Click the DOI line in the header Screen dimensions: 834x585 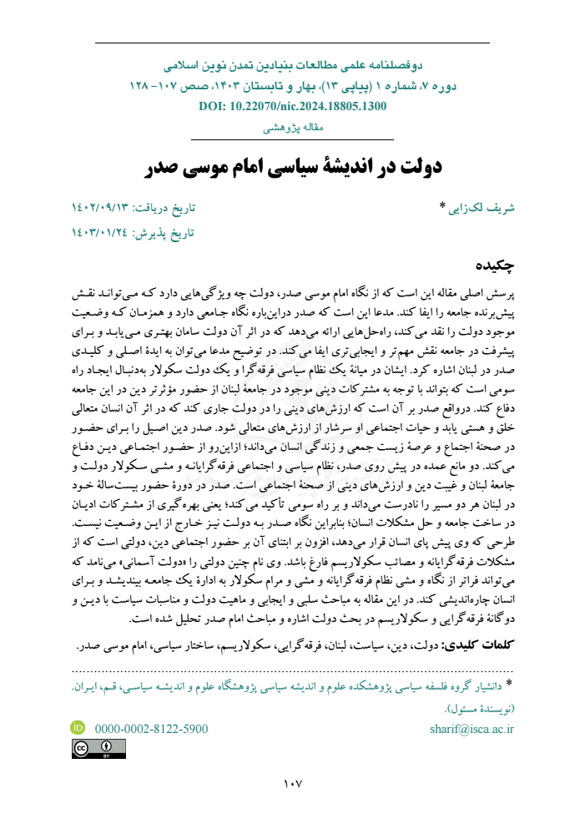293,107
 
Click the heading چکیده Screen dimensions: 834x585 493,265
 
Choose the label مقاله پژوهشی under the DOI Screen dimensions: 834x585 292,127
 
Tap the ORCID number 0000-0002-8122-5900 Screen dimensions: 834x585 151,728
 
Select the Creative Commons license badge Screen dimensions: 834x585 98,749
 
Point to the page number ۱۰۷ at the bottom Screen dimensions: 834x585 292,784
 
